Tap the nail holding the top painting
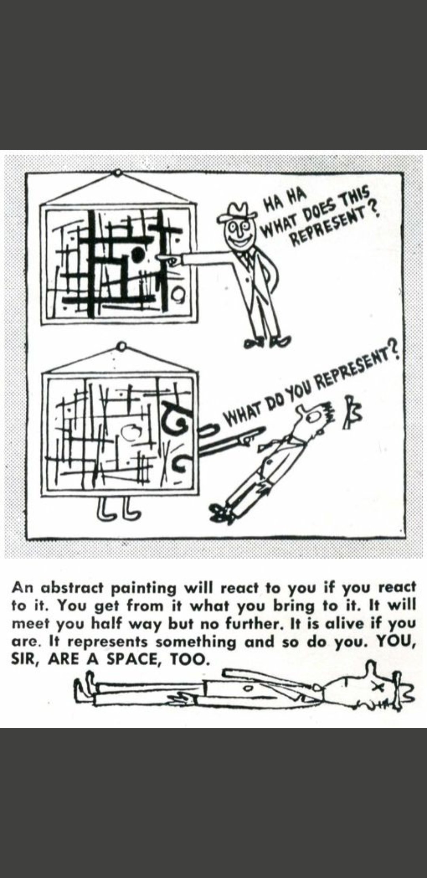[117, 173]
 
